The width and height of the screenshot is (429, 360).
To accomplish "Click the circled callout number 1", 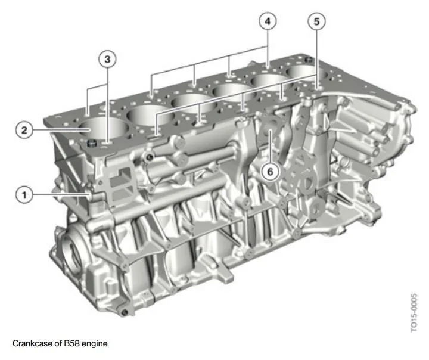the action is [24, 195].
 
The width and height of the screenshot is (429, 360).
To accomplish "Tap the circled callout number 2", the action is [24, 130].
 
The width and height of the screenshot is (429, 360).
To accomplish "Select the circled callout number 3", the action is [107, 59].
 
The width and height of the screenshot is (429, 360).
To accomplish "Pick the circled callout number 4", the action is [268, 21].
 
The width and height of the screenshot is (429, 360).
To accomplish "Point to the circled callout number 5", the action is [316, 21].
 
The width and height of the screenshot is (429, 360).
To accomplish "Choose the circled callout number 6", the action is [270, 172].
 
